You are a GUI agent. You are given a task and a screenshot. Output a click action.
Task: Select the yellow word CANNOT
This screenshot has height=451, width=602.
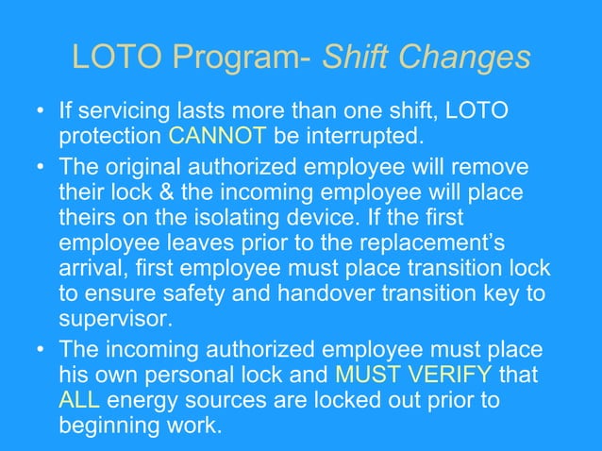click(x=217, y=138)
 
